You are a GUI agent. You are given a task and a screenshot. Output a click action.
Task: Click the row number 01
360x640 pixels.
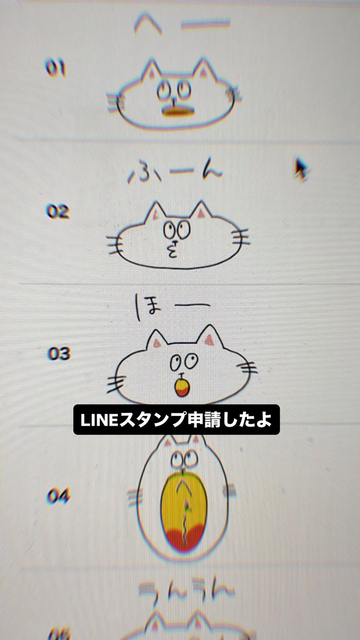click(55, 69)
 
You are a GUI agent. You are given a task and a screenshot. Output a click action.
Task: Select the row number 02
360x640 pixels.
click(58, 212)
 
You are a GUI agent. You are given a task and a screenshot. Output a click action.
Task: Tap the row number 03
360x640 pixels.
click(59, 353)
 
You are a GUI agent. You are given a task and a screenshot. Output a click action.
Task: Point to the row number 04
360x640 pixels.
click(59, 497)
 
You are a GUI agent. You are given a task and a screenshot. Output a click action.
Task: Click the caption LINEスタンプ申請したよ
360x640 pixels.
click(176, 421)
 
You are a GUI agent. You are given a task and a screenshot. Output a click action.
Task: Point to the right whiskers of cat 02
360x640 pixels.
click(240, 237)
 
